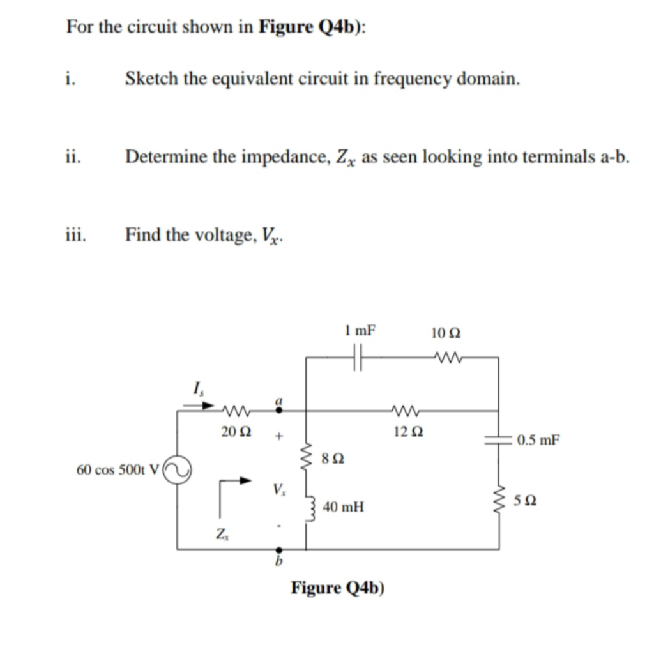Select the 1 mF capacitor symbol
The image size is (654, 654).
358,358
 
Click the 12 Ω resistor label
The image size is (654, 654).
406,432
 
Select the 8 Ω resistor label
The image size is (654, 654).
335,458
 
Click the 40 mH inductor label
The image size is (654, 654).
344,508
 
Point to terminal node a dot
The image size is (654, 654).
278,411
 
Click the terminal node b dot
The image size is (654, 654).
278,549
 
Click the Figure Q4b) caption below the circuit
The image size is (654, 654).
338,588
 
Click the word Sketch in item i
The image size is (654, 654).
152,79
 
